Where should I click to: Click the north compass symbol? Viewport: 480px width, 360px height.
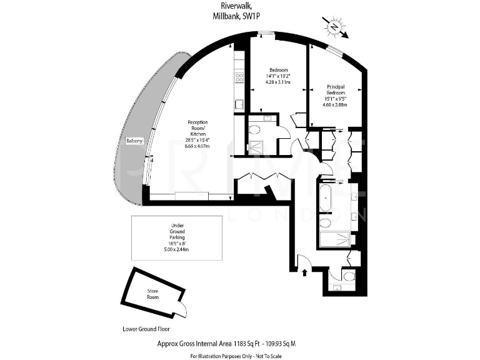[x=334, y=27]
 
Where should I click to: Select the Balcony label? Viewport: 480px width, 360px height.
[x=134, y=141]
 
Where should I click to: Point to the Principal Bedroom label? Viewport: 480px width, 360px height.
[x=336, y=90]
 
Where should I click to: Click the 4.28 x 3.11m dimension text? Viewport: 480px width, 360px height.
[x=278, y=81]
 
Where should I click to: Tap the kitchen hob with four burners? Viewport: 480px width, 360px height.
[x=238, y=77]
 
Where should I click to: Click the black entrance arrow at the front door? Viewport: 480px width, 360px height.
[x=304, y=271]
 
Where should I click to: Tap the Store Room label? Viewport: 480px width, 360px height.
[x=153, y=294]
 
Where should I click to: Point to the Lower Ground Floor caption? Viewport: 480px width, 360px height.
[x=146, y=329]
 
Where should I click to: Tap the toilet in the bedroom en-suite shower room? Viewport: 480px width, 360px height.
[x=255, y=131]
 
